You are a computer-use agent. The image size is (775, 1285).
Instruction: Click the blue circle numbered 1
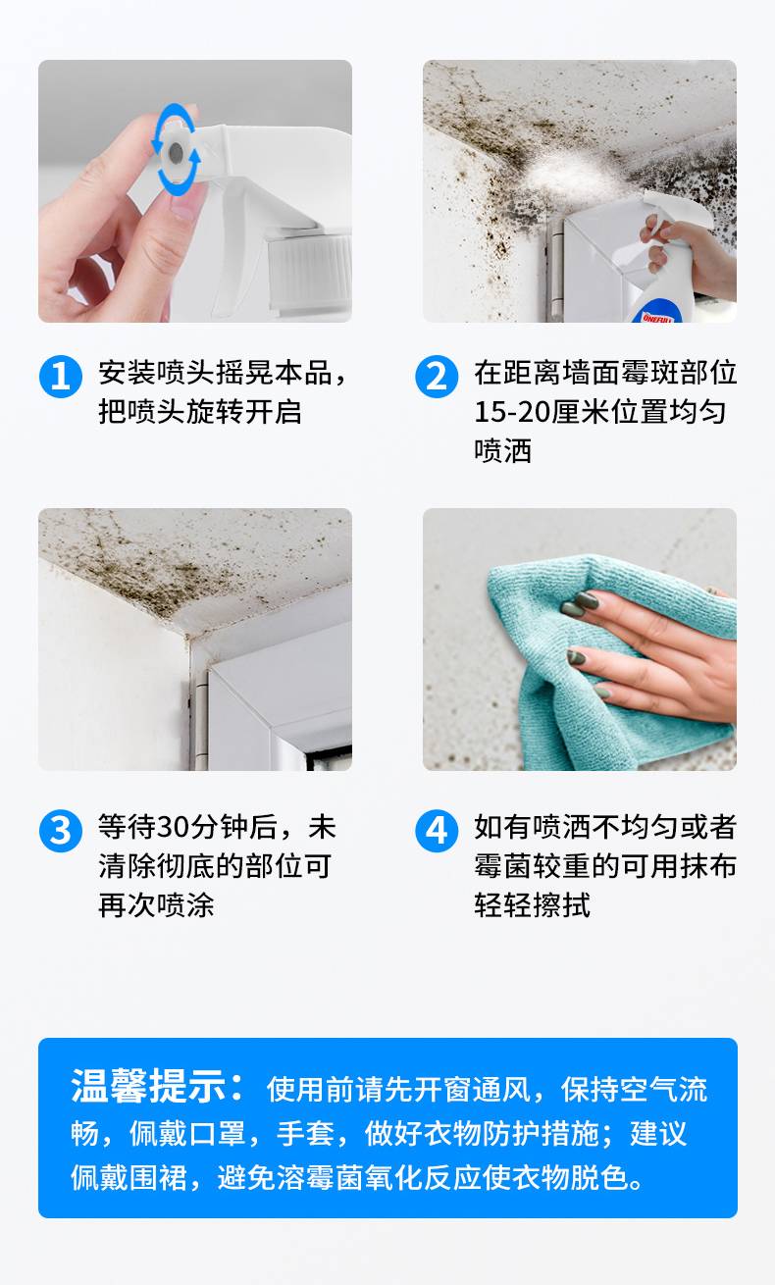pos(60,377)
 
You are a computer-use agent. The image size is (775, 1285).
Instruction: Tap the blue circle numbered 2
pos(437,377)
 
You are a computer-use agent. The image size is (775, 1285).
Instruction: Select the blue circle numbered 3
pos(60,831)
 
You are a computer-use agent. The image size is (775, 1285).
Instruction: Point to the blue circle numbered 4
pos(437,831)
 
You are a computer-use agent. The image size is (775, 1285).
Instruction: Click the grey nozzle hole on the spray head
pos(176,152)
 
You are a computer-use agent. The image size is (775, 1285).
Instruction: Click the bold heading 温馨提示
pos(148,1086)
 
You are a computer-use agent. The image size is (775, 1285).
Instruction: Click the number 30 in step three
pos(172,827)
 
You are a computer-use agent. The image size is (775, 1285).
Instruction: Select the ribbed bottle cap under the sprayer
pos(310,269)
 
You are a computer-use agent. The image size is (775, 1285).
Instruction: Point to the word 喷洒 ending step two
pos(503,451)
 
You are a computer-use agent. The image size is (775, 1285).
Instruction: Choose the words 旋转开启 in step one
pos(244,412)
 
